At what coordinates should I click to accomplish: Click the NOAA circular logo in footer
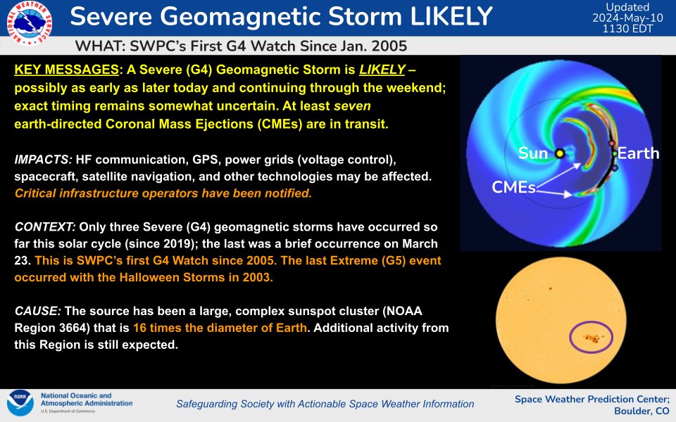click(x=20, y=404)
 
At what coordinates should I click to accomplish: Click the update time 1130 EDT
click(x=627, y=29)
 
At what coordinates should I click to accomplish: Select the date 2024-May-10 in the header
click(x=627, y=18)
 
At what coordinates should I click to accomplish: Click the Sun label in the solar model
click(x=533, y=153)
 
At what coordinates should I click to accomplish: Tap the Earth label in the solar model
click(x=638, y=153)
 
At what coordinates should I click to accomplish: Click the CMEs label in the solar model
click(x=513, y=187)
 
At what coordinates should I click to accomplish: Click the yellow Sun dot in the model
click(x=559, y=153)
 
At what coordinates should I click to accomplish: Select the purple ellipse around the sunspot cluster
click(x=591, y=338)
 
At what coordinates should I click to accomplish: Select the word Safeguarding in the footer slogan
click(x=207, y=404)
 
